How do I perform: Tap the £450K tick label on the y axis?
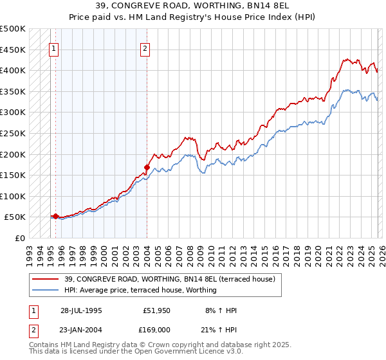point(12,50)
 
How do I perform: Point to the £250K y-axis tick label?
point(12,133)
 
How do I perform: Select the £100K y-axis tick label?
point(12,196)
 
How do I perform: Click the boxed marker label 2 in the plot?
point(145,48)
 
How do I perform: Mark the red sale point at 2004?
point(147,168)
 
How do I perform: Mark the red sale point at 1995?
point(56,217)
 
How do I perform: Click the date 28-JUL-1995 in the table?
point(82,310)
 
